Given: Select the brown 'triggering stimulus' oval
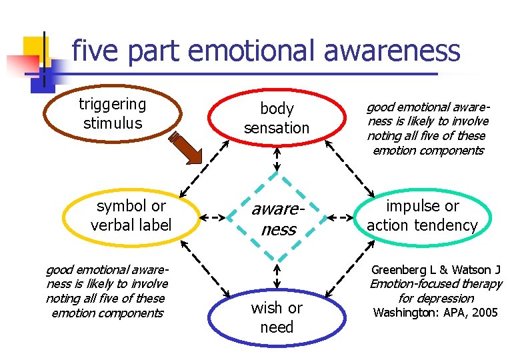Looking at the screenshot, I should (113, 114).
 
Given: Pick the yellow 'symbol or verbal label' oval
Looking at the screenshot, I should (131, 216).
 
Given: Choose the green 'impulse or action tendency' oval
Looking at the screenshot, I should (423, 216).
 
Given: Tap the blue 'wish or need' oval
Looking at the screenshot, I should (277, 317).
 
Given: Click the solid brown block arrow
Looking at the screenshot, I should (189, 149).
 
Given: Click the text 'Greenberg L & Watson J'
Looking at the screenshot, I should (436, 270).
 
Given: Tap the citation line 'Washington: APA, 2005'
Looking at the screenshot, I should (435, 312).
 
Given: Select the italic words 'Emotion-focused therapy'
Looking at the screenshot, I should (436, 284).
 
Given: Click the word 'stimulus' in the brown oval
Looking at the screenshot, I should (113, 123).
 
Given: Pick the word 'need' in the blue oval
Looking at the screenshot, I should (277, 327).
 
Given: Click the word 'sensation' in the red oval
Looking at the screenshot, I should (277, 127).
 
